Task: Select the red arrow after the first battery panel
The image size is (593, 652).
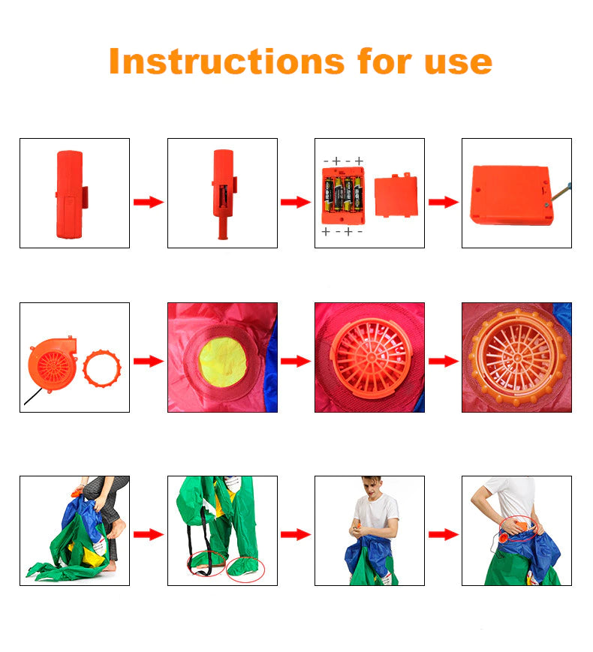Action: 148,202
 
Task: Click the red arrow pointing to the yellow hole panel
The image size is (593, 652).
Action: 148,361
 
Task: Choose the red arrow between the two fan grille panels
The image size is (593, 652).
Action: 443,361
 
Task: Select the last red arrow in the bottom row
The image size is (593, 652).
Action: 443,534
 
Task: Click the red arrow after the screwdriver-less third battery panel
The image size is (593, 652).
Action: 443,202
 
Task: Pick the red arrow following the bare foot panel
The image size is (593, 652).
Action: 148,534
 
